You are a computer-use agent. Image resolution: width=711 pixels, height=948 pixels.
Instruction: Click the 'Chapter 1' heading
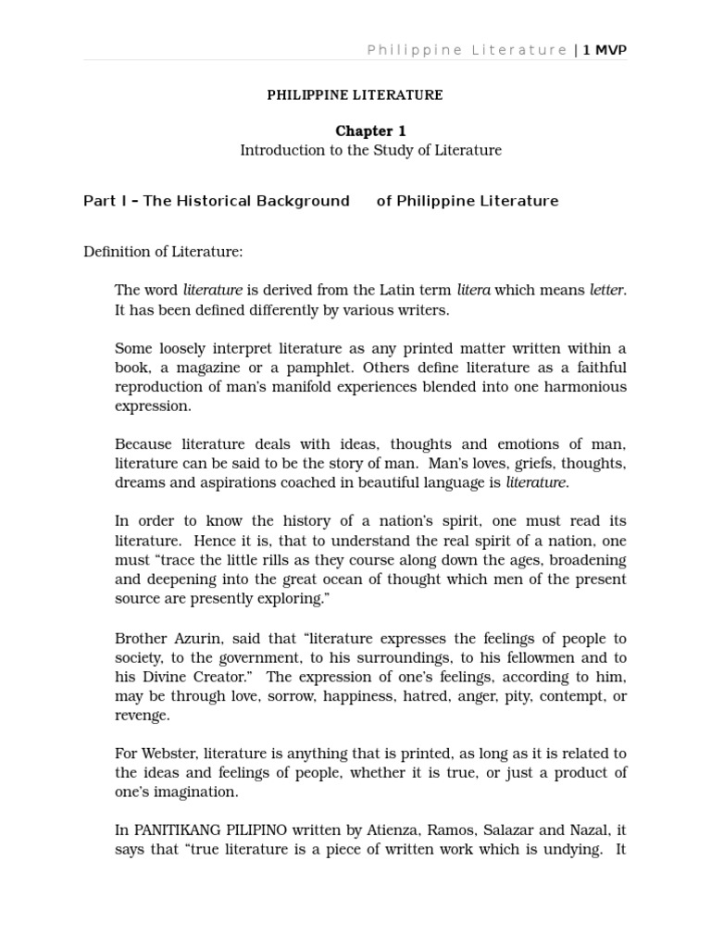(x=370, y=131)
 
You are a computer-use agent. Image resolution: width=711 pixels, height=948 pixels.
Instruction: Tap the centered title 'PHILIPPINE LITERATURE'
(x=355, y=95)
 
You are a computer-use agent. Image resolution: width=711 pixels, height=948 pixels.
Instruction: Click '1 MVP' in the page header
(x=605, y=50)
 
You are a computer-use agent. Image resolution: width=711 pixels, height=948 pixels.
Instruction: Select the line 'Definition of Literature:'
(x=163, y=252)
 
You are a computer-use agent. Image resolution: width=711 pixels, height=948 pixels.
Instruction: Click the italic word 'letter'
(x=606, y=291)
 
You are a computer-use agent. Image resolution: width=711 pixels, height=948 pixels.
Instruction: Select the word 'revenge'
(x=143, y=716)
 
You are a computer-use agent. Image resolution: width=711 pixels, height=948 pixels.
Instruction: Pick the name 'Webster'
(x=168, y=754)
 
